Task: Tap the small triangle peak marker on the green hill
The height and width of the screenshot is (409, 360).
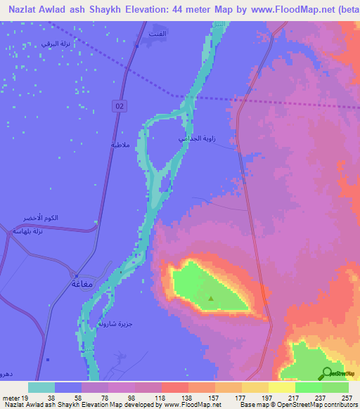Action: [x=211, y=298]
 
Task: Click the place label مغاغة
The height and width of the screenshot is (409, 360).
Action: [x=83, y=284]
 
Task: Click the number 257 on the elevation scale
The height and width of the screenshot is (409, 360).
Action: [x=345, y=397]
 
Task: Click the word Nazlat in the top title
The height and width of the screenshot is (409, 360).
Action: [x=26, y=10]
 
